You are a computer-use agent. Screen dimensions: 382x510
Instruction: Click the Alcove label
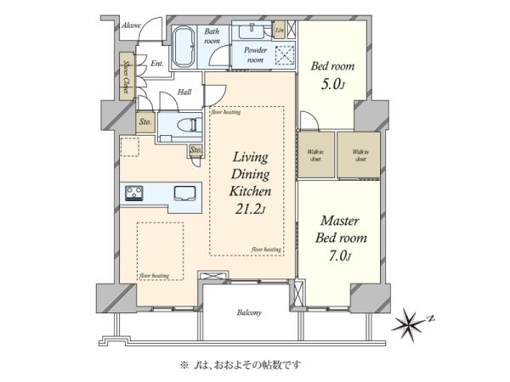click(130, 25)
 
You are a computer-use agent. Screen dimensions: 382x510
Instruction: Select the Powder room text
click(257, 55)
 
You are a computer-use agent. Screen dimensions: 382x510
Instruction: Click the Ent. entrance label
click(157, 63)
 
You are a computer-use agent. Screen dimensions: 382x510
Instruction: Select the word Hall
click(184, 93)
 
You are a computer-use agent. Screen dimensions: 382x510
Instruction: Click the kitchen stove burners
click(135, 194)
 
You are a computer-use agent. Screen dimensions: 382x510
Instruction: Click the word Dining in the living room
click(250, 174)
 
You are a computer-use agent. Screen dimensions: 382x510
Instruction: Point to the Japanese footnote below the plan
click(247, 364)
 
